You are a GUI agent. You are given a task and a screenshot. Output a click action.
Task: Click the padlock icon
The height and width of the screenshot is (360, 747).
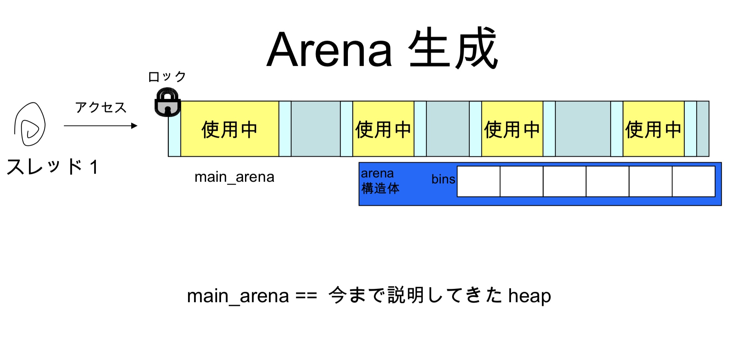167,102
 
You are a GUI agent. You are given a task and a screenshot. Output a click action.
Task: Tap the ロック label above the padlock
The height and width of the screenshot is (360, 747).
167,77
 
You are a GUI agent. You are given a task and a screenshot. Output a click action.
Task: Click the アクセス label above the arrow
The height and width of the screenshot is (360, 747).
101,107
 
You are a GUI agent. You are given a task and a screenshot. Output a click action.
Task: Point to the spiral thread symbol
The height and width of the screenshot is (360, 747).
30,124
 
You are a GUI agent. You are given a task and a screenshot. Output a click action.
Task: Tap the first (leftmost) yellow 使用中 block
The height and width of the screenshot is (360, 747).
230,129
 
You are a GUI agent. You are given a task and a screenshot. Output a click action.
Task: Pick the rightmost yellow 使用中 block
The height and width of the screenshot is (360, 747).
653,129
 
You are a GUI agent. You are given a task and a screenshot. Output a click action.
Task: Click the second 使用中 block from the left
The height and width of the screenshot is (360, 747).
383,129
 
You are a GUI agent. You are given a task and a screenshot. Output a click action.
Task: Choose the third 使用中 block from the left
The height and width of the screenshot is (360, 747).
512,129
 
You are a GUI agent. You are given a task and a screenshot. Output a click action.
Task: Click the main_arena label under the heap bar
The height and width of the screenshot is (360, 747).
234,177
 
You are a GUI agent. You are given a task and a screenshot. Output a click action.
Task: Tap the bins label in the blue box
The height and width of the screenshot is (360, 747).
443,179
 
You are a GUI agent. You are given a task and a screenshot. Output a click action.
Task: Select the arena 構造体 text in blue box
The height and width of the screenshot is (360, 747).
380,181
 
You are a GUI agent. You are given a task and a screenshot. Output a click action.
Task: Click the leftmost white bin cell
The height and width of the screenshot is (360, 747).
478,181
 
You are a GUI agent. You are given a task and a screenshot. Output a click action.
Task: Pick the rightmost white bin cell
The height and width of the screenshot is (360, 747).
693,181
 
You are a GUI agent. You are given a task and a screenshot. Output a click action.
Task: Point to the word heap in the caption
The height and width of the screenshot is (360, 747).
529,295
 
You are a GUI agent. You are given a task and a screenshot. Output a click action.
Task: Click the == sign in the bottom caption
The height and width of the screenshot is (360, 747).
306,295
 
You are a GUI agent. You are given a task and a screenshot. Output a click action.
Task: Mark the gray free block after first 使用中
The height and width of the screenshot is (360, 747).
316,129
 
